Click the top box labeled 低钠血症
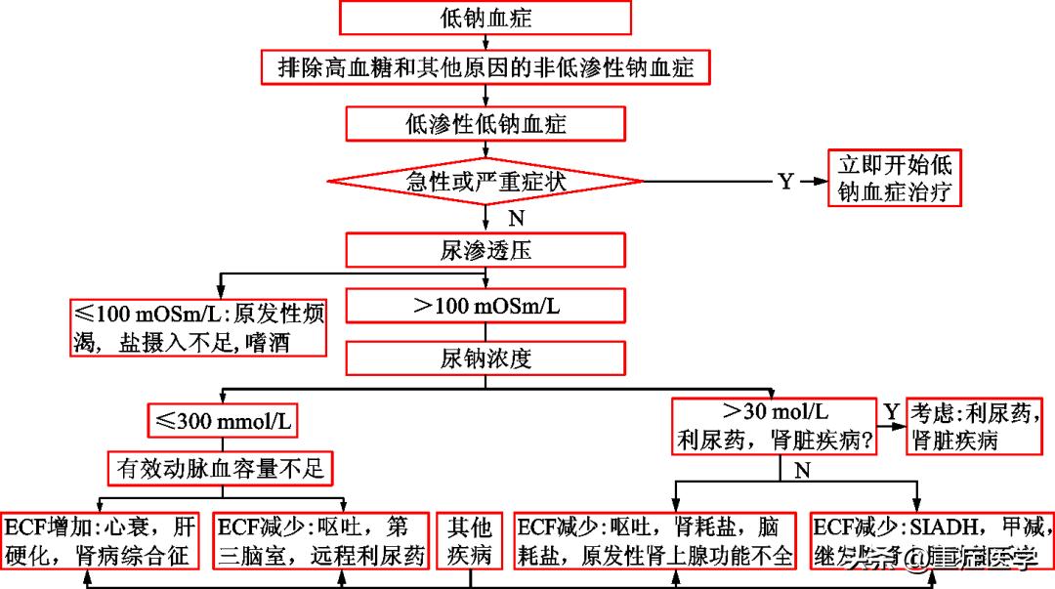pyautogui.click(x=485, y=18)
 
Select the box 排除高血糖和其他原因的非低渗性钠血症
pyautogui.click(x=485, y=67)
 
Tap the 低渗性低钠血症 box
pyautogui.click(x=485, y=123)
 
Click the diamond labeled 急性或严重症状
pyautogui.click(x=485, y=181)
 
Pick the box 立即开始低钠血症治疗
pyautogui.click(x=895, y=178)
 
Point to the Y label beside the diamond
pyautogui.click(x=784, y=182)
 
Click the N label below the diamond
pyautogui.click(x=515, y=215)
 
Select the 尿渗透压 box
pyautogui.click(x=485, y=250)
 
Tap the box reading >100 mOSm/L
pyautogui.click(x=485, y=305)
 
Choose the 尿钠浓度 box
pyautogui.click(x=485, y=358)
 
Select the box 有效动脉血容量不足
pyautogui.click(x=219, y=469)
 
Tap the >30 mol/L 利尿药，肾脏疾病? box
pyautogui.click(x=774, y=425)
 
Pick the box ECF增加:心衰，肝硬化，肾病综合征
pyautogui.click(x=103, y=540)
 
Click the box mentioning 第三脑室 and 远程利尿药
pyautogui.click(x=321, y=540)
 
